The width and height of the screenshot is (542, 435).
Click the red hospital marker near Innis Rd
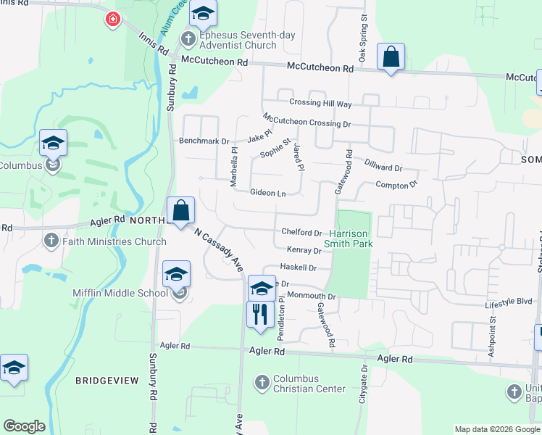click(112, 20)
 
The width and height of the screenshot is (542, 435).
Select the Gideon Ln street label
click(267, 194)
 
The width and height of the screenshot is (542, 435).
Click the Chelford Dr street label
click(301, 233)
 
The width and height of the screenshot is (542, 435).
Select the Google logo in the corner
click(24, 426)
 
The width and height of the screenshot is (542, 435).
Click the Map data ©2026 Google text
click(496, 429)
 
